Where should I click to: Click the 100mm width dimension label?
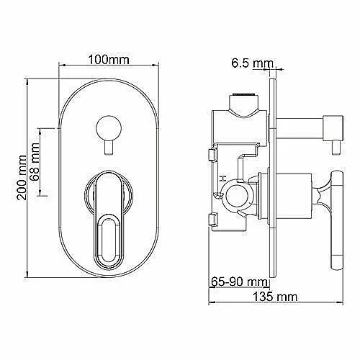(109, 60)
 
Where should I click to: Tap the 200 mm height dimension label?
(22, 177)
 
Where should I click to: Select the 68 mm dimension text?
(35, 162)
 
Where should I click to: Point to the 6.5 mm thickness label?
(252, 63)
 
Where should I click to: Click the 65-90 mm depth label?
(239, 282)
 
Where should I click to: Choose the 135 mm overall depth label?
(275, 297)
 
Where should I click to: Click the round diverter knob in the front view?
(109, 128)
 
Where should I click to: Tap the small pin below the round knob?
(109, 148)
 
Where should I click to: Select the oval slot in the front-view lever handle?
(109, 240)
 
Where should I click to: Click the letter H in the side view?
(223, 179)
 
